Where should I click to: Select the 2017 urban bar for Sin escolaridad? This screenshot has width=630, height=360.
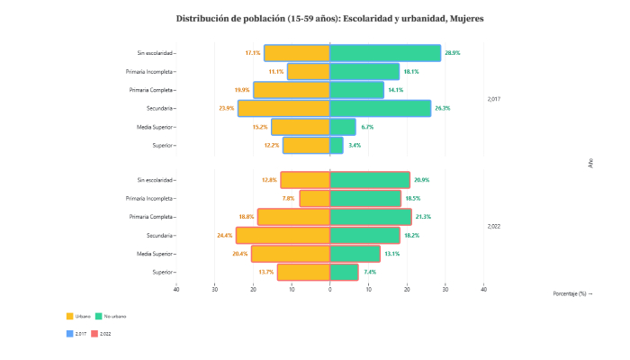[297, 53]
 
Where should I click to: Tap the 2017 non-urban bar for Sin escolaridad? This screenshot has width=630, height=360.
[385, 53]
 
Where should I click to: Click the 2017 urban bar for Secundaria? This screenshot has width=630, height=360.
[283, 108]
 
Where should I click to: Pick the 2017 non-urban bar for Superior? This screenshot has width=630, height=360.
[337, 145]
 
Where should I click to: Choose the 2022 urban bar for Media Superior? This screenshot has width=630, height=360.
[291, 254]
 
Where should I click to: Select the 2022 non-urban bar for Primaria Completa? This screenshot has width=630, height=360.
[371, 217]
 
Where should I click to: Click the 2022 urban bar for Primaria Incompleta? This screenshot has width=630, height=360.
[315, 198]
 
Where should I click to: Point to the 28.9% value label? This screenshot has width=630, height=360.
[453, 53]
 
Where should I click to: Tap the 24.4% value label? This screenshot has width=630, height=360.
[225, 236]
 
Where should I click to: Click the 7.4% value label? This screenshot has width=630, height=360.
[370, 272]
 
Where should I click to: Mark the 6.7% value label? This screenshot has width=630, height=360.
[367, 127]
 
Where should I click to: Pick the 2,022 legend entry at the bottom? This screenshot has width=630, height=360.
[101, 334]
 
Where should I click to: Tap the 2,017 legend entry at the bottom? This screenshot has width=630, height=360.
[77, 334]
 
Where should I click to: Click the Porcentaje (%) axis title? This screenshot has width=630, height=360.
[572, 293]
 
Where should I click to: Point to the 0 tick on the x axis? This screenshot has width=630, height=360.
[330, 289]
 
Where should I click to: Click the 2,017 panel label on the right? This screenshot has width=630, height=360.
[493, 99]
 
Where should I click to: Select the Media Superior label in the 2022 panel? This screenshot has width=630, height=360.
[155, 254]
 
